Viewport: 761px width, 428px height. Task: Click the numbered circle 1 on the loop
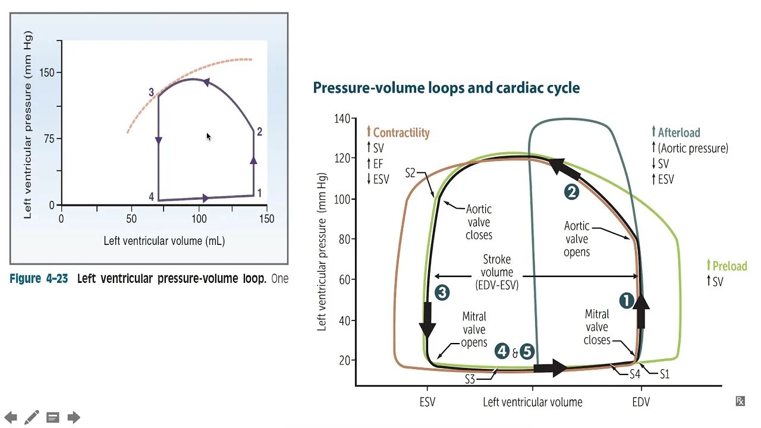[x=627, y=301]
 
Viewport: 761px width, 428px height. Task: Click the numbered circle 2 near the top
[x=571, y=192]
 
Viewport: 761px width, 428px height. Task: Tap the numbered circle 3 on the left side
[x=441, y=292]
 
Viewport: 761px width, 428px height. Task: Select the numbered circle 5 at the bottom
[x=527, y=352]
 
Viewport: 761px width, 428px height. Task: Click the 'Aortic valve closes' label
[x=479, y=222]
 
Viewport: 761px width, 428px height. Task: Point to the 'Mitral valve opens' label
[x=474, y=329]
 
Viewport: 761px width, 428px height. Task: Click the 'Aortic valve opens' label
[x=576, y=239]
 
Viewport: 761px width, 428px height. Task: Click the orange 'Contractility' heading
[x=401, y=133]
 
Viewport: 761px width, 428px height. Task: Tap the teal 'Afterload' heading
[x=678, y=133]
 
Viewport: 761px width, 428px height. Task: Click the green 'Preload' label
[x=729, y=266]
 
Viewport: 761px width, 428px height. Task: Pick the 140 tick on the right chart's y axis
[x=342, y=118]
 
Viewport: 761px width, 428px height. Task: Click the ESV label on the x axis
[x=427, y=402]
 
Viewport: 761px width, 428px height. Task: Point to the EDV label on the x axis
[x=640, y=402]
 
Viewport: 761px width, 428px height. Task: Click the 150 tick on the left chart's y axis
[x=47, y=73]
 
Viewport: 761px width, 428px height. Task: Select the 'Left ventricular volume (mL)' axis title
[x=164, y=241]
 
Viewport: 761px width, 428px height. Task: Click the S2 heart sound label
[x=411, y=173]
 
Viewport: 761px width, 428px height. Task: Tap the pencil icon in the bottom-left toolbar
[x=32, y=417]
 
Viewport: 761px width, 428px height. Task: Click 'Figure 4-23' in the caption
[x=39, y=279]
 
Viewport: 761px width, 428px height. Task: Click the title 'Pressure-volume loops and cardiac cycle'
[x=446, y=88]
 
